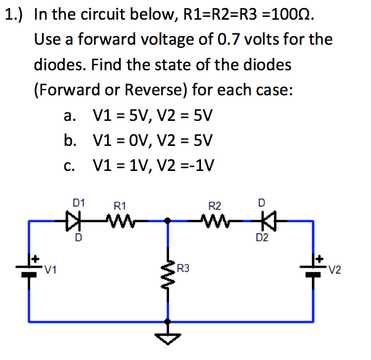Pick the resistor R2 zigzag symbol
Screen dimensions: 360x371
tap(215, 219)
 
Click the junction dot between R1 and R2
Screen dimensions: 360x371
tap(168, 219)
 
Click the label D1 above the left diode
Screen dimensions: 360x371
tap(78, 202)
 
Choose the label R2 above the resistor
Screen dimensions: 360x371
tap(215, 204)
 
